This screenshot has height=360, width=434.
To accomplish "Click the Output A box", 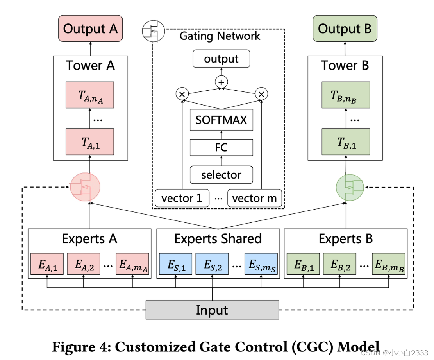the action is [x=90, y=29].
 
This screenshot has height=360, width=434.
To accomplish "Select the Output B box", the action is [x=345, y=29].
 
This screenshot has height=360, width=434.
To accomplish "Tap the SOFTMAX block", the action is [x=221, y=120].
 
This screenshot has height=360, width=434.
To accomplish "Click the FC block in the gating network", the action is [x=221, y=148].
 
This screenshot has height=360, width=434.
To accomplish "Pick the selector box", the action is [x=221, y=175].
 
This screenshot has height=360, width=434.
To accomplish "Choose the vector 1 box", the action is [x=182, y=198].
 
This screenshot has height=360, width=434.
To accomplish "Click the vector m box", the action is [x=255, y=198].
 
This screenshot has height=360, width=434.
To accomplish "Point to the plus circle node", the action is [x=221, y=82].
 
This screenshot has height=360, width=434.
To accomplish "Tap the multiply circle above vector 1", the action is [x=182, y=94].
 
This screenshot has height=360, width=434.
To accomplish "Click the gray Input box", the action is [x=212, y=310].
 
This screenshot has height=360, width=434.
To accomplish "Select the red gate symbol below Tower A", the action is [x=85, y=187].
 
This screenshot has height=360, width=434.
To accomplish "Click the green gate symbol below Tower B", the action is [x=350, y=188].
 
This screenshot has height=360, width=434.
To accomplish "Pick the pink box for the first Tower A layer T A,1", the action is [x=90, y=142].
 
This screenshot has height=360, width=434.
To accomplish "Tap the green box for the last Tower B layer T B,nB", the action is [x=346, y=95].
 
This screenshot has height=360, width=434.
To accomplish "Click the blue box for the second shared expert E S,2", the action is [x=212, y=264].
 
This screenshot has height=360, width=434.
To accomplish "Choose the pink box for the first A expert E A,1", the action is [x=47, y=264].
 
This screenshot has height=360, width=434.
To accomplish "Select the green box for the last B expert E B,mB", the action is [x=389, y=264].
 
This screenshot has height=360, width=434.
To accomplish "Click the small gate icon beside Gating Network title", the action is [x=154, y=31].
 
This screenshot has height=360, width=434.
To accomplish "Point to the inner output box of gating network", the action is [x=221, y=59].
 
